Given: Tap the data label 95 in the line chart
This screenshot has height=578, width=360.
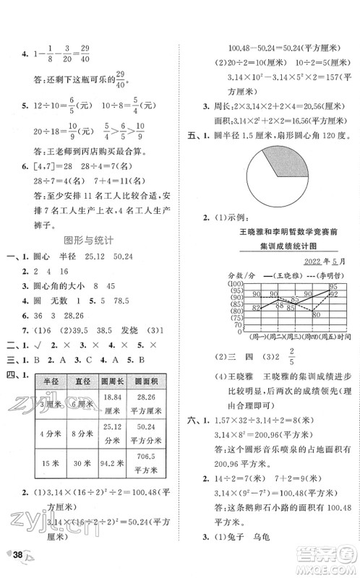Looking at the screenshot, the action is [x=333, y=287].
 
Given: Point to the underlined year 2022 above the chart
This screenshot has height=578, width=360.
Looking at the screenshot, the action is [x=312, y=262].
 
